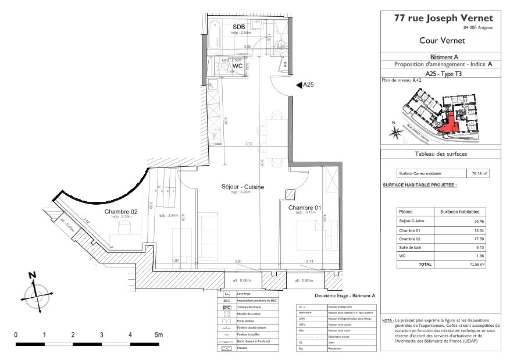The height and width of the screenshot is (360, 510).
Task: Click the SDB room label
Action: pos(238,27)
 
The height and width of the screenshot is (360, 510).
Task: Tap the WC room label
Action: pos(238,66)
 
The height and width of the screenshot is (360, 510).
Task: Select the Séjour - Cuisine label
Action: pos(243,187)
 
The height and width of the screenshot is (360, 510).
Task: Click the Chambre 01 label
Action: pos(304,207)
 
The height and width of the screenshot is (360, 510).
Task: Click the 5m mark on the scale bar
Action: pos(158,335)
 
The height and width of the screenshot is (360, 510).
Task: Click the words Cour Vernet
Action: pos(437,41)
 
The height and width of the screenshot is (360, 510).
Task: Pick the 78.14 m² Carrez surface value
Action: pos(479,173)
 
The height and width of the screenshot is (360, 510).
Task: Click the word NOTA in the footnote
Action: pos(387,320)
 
